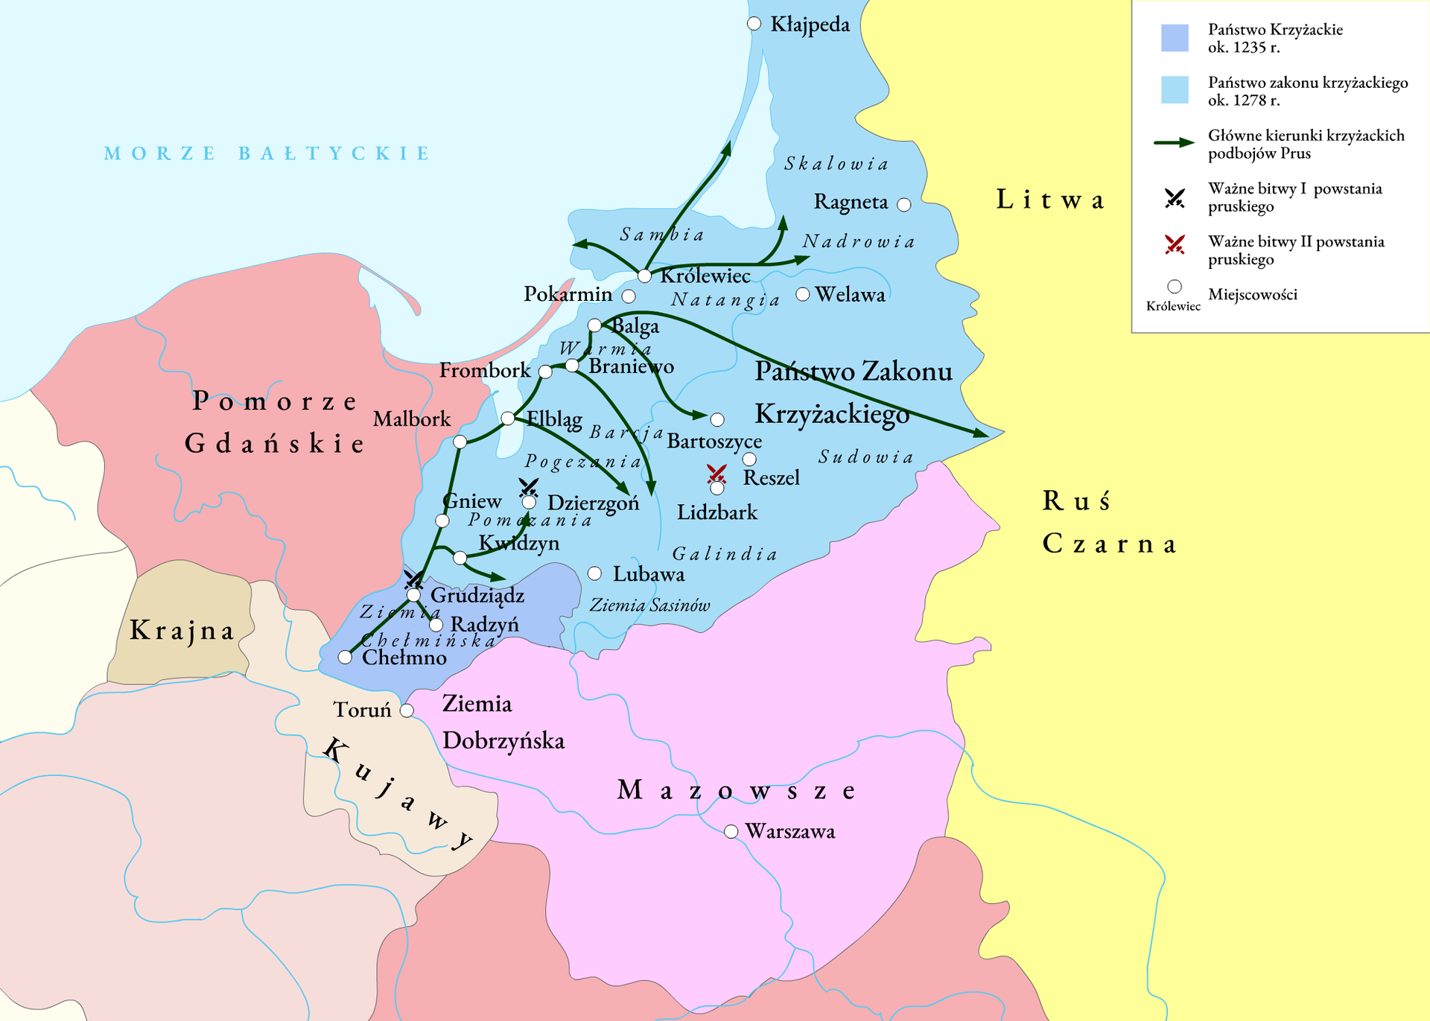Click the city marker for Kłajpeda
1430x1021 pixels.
click(754, 24)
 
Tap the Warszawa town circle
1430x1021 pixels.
click(731, 831)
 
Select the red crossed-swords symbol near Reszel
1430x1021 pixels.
click(716, 474)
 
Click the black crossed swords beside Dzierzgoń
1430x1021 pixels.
click(529, 488)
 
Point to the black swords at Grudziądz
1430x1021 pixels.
click(413, 579)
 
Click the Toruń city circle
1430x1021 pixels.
click(407, 710)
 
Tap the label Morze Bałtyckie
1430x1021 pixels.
click(267, 153)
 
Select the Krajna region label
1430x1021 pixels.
click(182, 631)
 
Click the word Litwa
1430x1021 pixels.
click(1050, 200)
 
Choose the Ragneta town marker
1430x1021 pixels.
click(904, 205)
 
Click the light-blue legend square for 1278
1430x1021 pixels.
click(1175, 90)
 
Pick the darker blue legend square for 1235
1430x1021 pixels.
click(1175, 38)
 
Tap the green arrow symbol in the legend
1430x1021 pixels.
click(1175, 143)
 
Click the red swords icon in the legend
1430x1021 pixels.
click(1175, 244)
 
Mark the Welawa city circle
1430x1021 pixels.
click(803, 294)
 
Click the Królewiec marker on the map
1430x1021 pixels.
click(645, 276)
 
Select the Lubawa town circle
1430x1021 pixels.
click(594, 573)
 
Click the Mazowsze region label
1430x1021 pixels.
click(736, 790)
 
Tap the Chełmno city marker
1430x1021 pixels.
click(345, 658)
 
